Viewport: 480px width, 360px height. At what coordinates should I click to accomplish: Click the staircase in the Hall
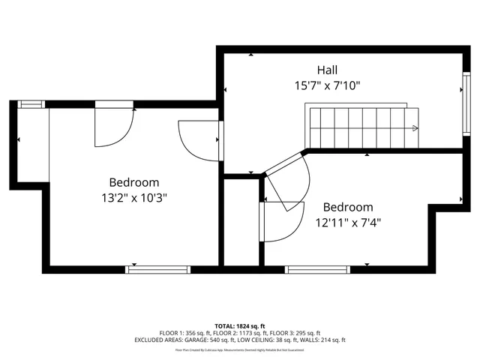coord(364,127)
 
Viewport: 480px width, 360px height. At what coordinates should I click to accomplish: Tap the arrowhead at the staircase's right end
coord(415,128)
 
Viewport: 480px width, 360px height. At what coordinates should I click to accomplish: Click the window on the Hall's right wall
coord(464,105)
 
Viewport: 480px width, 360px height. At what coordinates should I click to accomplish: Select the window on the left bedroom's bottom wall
coord(158,268)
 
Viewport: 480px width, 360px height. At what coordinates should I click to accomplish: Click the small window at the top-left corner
coord(32,104)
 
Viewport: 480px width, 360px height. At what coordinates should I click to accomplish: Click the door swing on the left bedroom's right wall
coord(199,139)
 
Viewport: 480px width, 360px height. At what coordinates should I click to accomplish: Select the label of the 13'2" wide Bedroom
coord(134,182)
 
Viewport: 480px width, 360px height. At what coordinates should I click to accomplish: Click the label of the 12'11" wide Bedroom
coord(347,207)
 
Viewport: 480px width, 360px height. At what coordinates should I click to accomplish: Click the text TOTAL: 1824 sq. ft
coord(240,325)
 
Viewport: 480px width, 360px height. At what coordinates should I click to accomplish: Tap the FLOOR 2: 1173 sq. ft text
coord(240,333)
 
